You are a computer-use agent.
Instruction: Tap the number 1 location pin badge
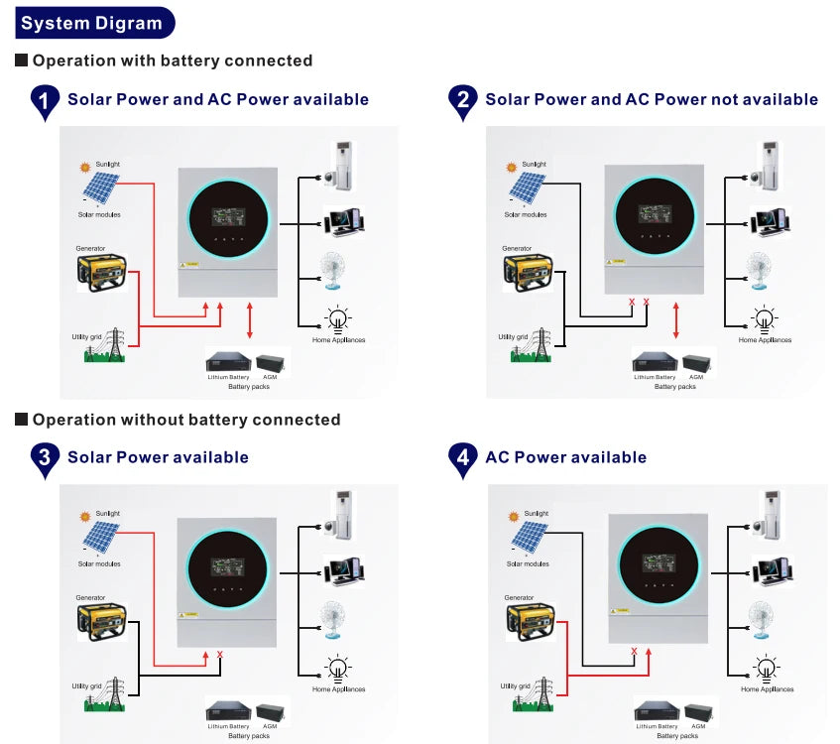(x=45, y=101)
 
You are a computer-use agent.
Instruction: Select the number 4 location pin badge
(x=461, y=458)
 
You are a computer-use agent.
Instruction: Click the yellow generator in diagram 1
(x=101, y=270)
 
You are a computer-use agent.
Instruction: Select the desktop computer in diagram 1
(x=342, y=220)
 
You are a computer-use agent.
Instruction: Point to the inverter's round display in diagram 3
(x=227, y=567)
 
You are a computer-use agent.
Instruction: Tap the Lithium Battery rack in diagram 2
(x=655, y=362)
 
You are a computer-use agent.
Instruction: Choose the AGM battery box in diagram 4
(x=698, y=712)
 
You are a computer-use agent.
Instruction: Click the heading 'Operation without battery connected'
(x=186, y=420)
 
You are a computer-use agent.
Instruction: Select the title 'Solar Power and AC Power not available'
(x=652, y=99)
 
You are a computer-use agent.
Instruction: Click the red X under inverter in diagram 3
(x=219, y=655)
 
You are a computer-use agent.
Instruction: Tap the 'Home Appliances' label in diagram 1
(x=339, y=340)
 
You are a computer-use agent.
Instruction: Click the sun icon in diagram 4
(x=512, y=517)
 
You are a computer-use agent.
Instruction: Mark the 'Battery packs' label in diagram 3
(x=248, y=736)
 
